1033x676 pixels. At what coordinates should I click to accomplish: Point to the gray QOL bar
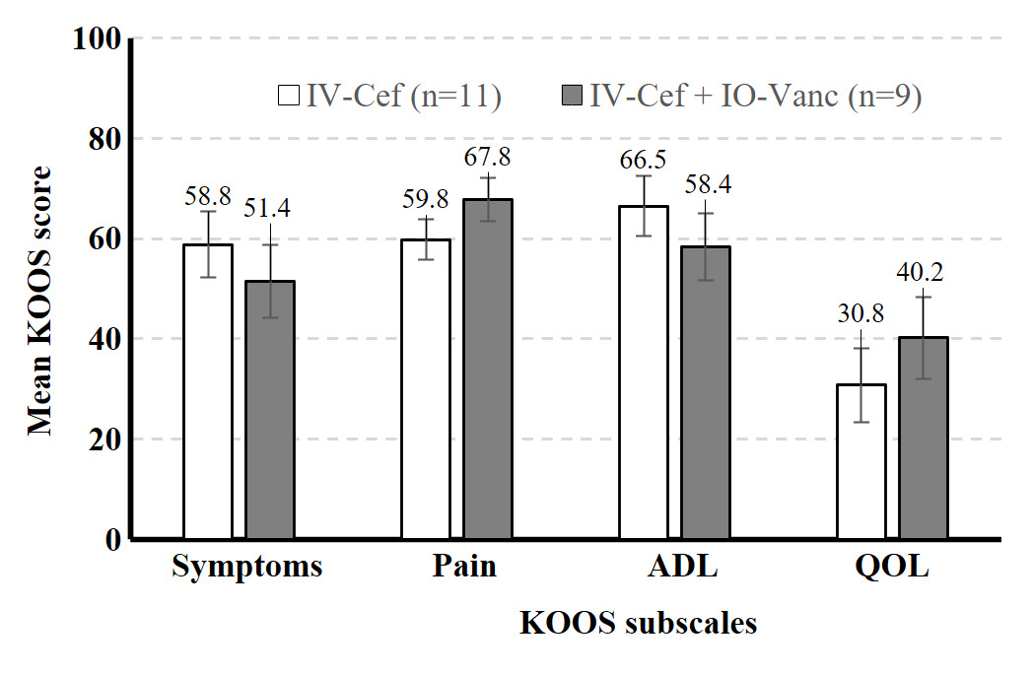point(923,438)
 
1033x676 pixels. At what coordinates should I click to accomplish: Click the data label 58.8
point(209,195)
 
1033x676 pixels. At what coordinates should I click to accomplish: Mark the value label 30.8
point(861,314)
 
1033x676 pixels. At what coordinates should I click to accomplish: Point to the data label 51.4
point(269,209)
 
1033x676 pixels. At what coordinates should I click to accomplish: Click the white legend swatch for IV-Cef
point(289,96)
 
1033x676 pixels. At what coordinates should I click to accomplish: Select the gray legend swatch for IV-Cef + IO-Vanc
point(573,96)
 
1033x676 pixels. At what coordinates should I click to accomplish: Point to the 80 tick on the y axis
point(103,139)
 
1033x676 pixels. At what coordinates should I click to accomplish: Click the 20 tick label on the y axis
point(103,439)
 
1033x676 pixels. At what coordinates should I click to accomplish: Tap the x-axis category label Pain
point(463,568)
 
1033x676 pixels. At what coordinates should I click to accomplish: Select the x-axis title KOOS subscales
point(639,624)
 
